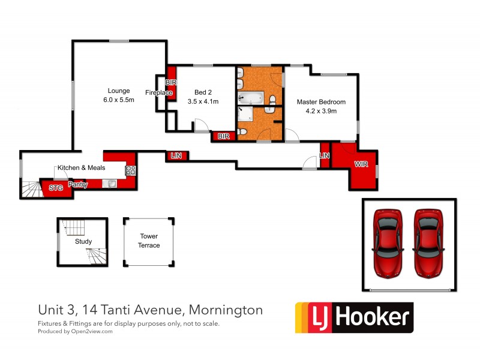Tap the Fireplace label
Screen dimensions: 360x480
coord(159,92)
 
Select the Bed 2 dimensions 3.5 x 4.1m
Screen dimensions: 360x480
coord(206,101)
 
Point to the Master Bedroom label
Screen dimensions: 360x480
coord(321,102)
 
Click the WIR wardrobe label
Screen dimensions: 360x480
coord(361,164)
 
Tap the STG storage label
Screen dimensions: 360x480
coord(55,188)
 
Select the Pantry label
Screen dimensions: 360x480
coord(77,185)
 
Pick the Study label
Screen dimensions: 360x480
coord(83,242)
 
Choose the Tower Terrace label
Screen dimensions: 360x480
coord(149,241)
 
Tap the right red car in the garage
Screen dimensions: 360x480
coord(428,242)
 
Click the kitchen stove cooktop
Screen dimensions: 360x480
coord(130,170)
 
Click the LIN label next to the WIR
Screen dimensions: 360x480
coord(325,156)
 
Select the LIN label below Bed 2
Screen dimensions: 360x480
coord(176,156)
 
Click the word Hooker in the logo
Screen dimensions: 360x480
coord(372,316)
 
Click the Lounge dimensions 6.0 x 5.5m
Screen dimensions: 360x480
coord(118,100)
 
